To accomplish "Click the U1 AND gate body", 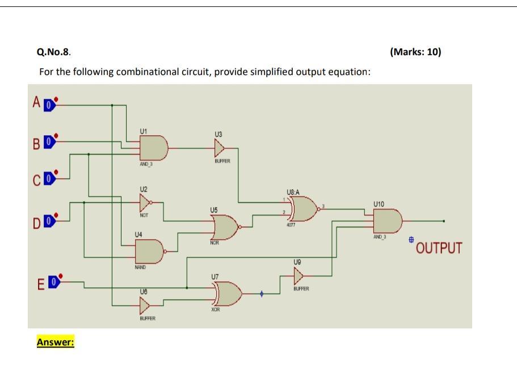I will click(154, 148).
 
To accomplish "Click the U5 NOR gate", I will click(225, 227).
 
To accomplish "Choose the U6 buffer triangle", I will click(145, 306).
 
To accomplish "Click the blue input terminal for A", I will click(49, 105).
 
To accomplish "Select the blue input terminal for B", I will click(49, 141).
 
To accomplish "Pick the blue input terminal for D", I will click(49, 219).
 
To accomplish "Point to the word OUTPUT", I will click(439, 249).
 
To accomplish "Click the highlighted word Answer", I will click(56, 343).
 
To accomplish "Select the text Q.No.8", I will click(54, 52).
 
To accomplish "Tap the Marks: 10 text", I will click(415, 52).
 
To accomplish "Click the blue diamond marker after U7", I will click(262, 294).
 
